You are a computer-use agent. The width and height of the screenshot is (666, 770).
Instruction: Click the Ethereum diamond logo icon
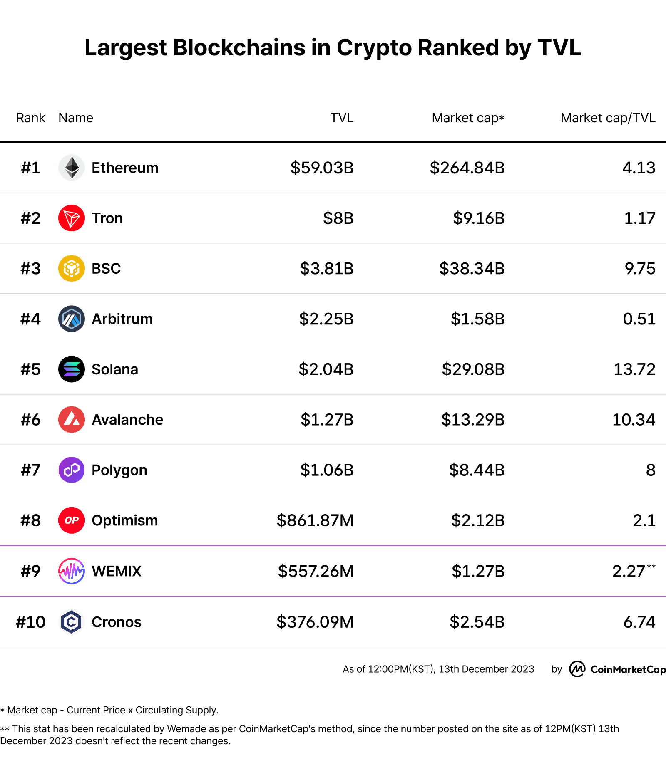72,168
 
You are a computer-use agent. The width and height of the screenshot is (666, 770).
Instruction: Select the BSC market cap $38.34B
472,268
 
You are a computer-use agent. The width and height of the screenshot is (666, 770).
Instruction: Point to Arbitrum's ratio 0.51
639,319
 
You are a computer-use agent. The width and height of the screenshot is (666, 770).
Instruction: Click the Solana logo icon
72,369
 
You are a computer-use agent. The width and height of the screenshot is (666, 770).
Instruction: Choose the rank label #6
30,420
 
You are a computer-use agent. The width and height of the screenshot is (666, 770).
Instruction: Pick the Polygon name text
119,470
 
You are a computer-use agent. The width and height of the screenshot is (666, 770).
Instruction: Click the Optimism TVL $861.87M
315,520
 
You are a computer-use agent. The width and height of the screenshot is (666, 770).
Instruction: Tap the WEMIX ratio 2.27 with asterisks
633,571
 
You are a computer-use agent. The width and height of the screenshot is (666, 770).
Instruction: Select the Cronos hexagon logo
72,622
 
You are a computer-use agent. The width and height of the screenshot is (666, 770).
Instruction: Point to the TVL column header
341,118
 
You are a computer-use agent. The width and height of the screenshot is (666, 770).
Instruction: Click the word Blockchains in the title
239,47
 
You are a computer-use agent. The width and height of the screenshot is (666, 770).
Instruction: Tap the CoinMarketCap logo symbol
577,669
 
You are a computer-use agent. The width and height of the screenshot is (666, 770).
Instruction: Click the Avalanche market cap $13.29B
472,420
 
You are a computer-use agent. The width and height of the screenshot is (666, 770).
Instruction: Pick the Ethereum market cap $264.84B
467,168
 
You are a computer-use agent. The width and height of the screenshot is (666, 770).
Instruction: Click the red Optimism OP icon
72,520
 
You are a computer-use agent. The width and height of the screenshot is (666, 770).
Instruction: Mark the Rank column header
30,118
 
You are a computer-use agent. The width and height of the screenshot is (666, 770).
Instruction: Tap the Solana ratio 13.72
634,369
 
